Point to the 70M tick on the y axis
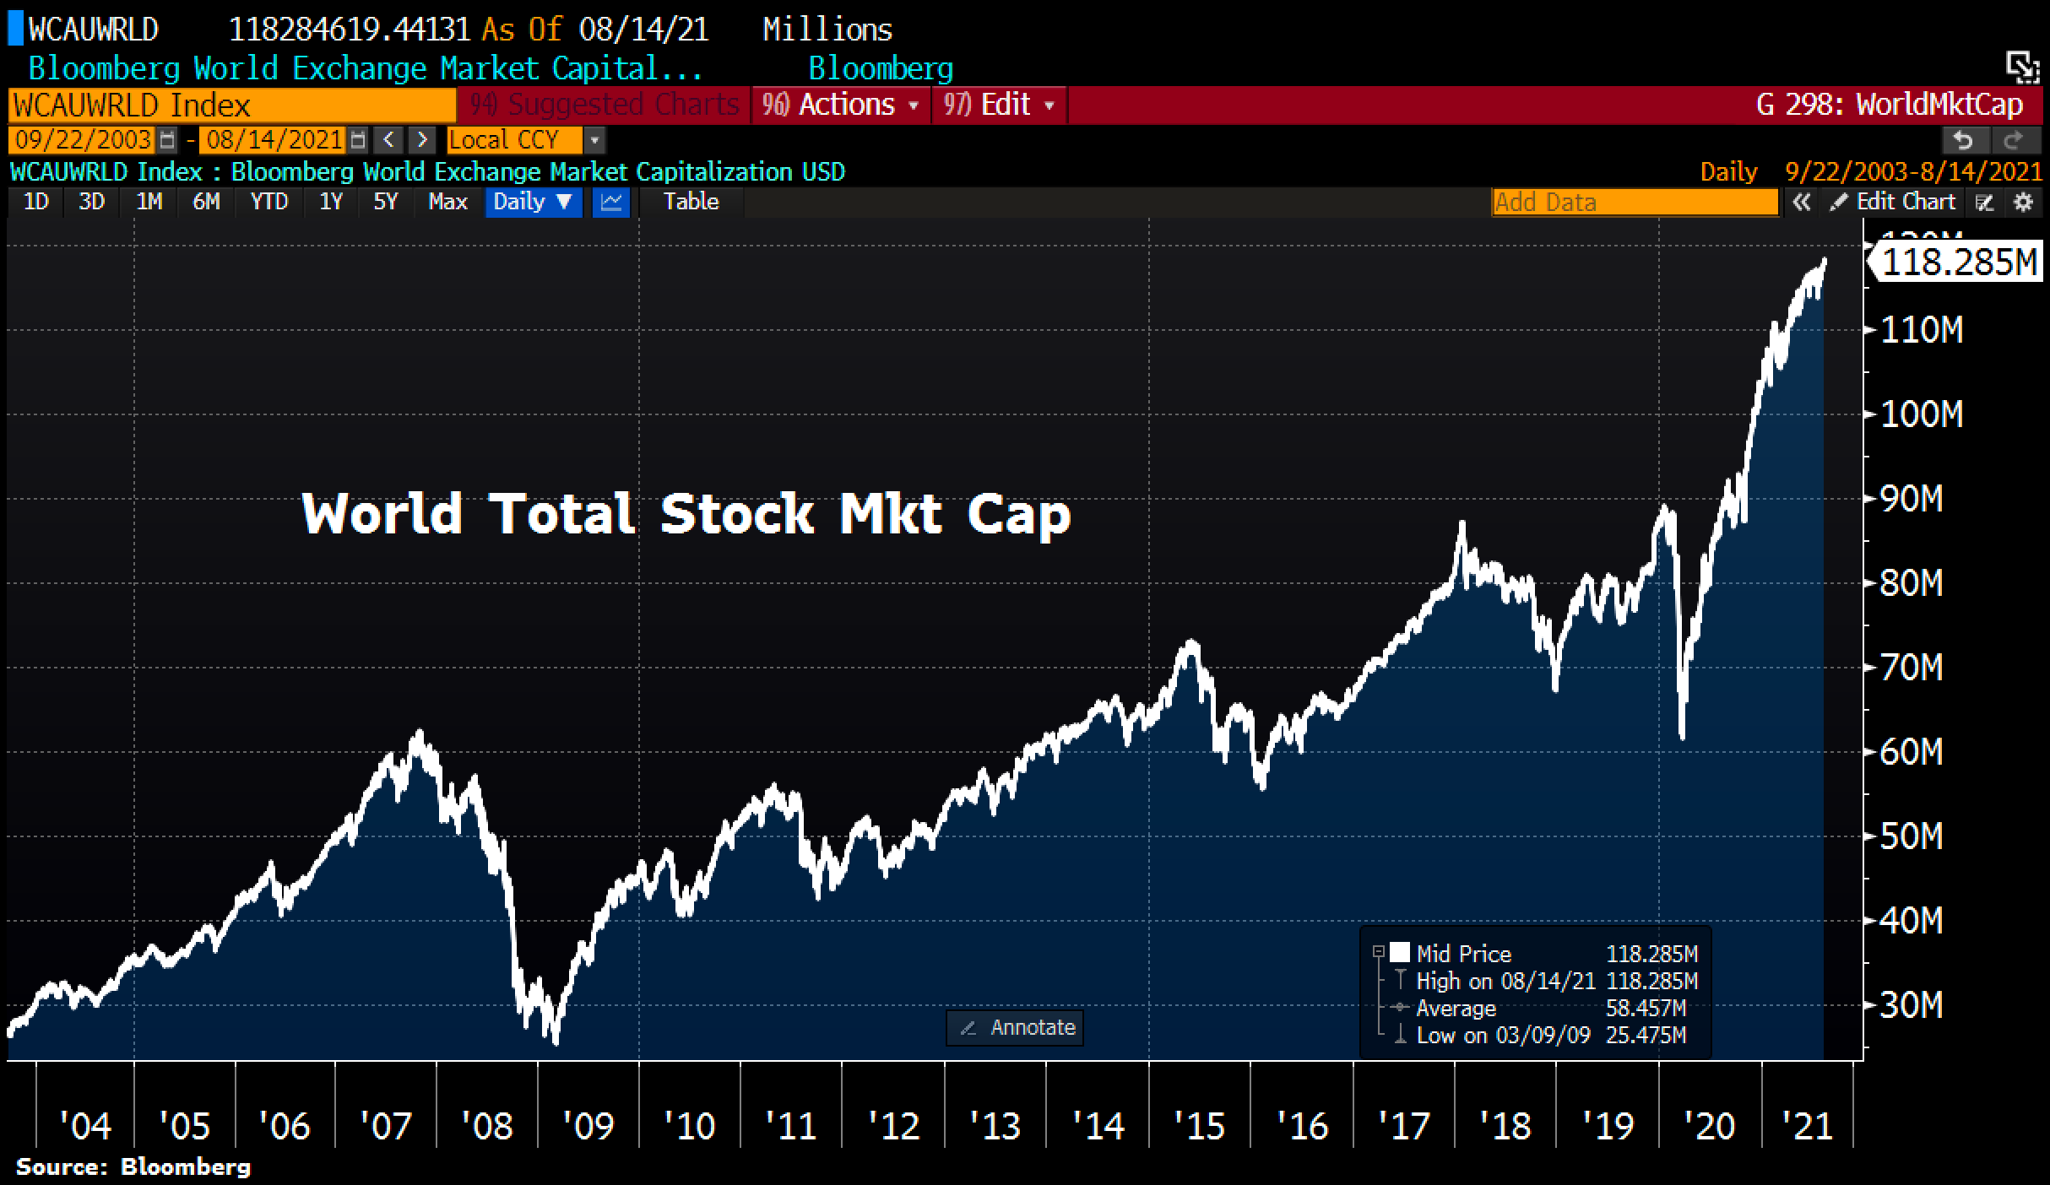[x=1912, y=668]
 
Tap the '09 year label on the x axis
[x=588, y=1126]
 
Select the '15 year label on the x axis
[x=1199, y=1126]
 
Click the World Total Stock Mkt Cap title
[x=686, y=513]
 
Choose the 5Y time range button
[x=385, y=202]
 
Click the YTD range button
[x=269, y=202]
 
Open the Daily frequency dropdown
[x=533, y=202]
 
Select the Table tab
[x=691, y=202]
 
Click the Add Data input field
[x=1635, y=203]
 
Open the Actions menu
[x=841, y=105]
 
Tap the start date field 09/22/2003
[x=83, y=139]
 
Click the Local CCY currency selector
[x=515, y=139]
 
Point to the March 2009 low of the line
[x=555, y=1042]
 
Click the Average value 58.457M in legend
[x=1645, y=1009]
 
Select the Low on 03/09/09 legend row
[x=1503, y=1036]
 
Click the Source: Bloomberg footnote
[x=133, y=1167]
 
